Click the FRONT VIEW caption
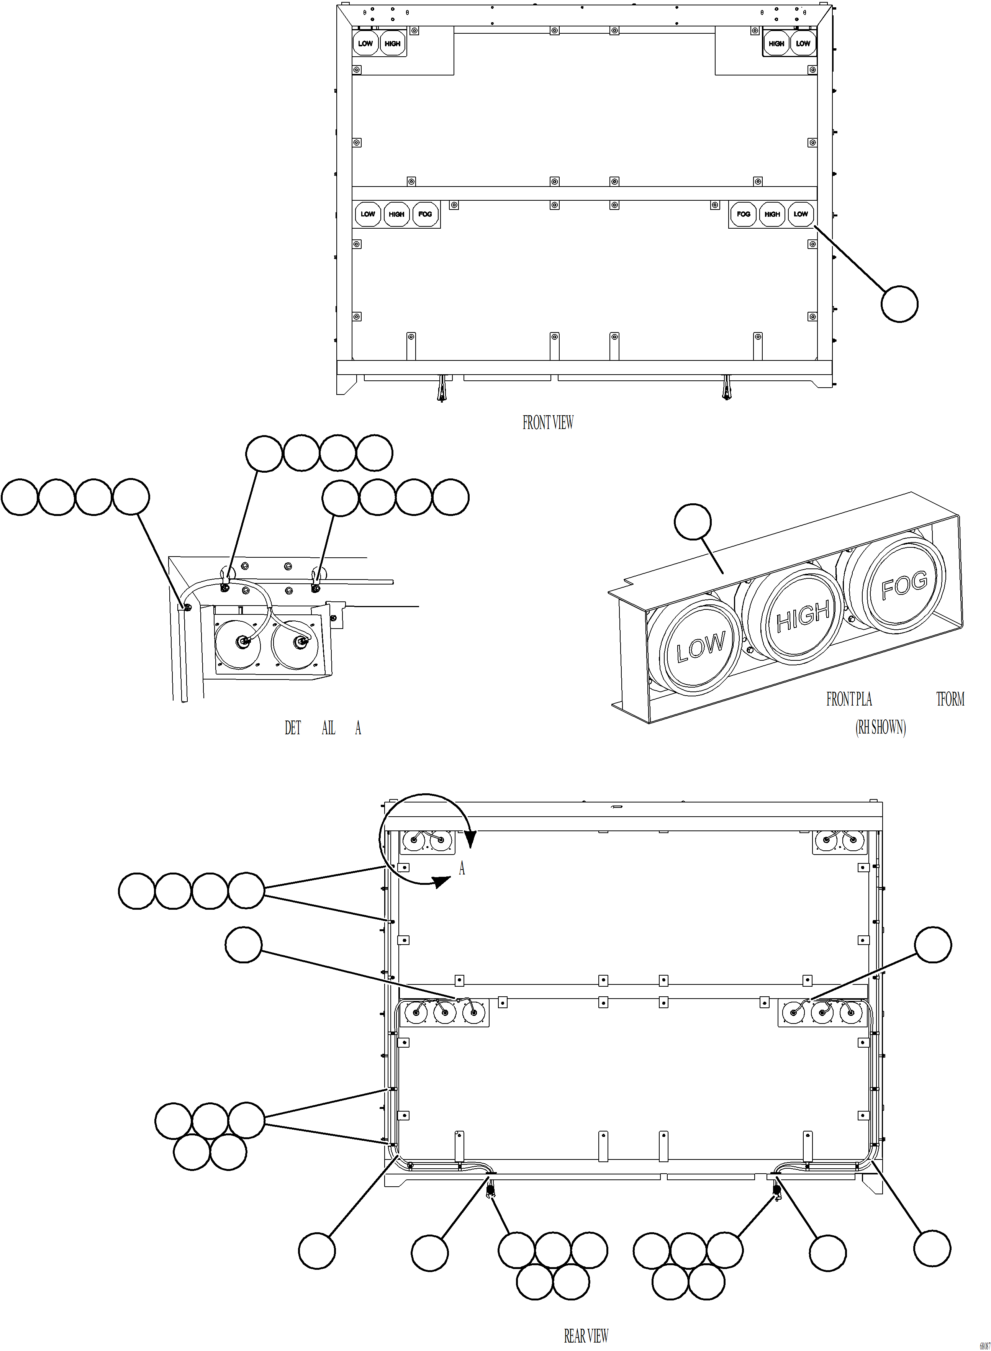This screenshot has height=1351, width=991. coord(548,423)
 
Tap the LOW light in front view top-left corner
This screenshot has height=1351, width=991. coord(365,44)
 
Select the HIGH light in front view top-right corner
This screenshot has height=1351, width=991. coord(776,44)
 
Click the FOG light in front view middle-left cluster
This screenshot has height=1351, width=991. coord(425,214)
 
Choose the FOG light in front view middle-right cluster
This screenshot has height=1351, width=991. coord(743,214)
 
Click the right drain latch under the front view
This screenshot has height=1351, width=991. coord(726,388)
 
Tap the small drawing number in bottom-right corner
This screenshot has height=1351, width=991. coord(985,1346)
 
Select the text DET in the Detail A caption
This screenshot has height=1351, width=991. coord(292,728)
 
